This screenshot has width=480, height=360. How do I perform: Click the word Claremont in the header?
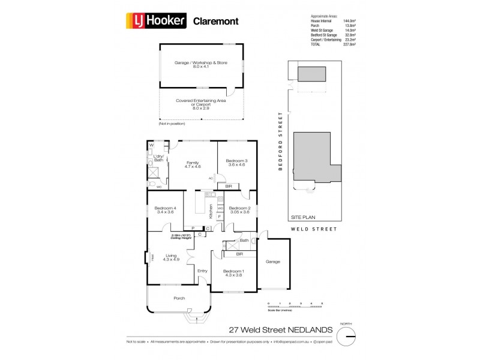click(x=215, y=22)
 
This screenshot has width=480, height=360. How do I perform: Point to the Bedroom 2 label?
click(x=239, y=210)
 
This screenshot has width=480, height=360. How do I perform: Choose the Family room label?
click(x=192, y=164)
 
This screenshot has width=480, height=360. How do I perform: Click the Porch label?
click(x=179, y=298)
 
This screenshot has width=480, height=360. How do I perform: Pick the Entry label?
click(x=202, y=271)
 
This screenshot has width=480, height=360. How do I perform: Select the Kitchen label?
click(x=211, y=211)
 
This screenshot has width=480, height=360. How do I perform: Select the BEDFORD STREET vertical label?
click(x=280, y=141)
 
